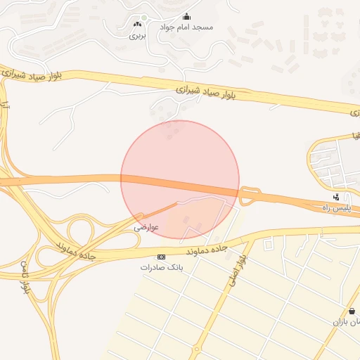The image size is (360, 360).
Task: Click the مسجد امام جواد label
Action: click(186, 27)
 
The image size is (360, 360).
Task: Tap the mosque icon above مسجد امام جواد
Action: click(186, 16)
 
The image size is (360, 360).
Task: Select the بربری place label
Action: click(136, 34)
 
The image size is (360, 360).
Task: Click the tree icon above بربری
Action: click(136, 24)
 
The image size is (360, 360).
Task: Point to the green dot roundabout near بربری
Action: click(144, 18)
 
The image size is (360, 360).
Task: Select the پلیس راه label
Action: click(335, 208)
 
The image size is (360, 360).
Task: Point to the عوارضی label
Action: click(147, 227)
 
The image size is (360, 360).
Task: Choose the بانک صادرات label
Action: click(161, 267)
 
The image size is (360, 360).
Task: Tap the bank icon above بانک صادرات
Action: click(161, 257)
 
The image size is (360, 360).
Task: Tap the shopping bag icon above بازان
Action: click(351, 311)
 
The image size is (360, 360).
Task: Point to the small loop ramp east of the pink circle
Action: click(248, 196)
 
